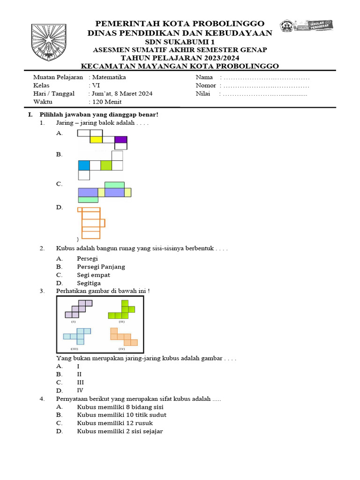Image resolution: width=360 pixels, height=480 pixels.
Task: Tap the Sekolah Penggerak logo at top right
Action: click(x=306, y=26)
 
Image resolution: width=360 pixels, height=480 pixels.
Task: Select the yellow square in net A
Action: click(x=96, y=139)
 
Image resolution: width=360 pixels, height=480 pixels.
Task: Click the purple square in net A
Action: click(x=120, y=139)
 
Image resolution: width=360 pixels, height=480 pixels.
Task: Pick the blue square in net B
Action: click(x=84, y=165)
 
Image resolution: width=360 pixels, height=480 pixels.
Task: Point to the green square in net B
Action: click(x=106, y=165)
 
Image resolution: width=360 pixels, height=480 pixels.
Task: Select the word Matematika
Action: click(x=109, y=77)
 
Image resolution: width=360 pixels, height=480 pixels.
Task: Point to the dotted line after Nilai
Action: click(x=265, y=94)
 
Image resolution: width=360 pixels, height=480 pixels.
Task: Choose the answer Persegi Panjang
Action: click(x=101, y=267)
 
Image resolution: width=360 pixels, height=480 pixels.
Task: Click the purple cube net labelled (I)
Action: click(x=78, y=309)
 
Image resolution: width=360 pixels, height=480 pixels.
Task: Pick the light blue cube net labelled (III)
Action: click(x=78, y=336)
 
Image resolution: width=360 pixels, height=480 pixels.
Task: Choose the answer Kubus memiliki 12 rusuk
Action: click(x=115, y=423)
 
